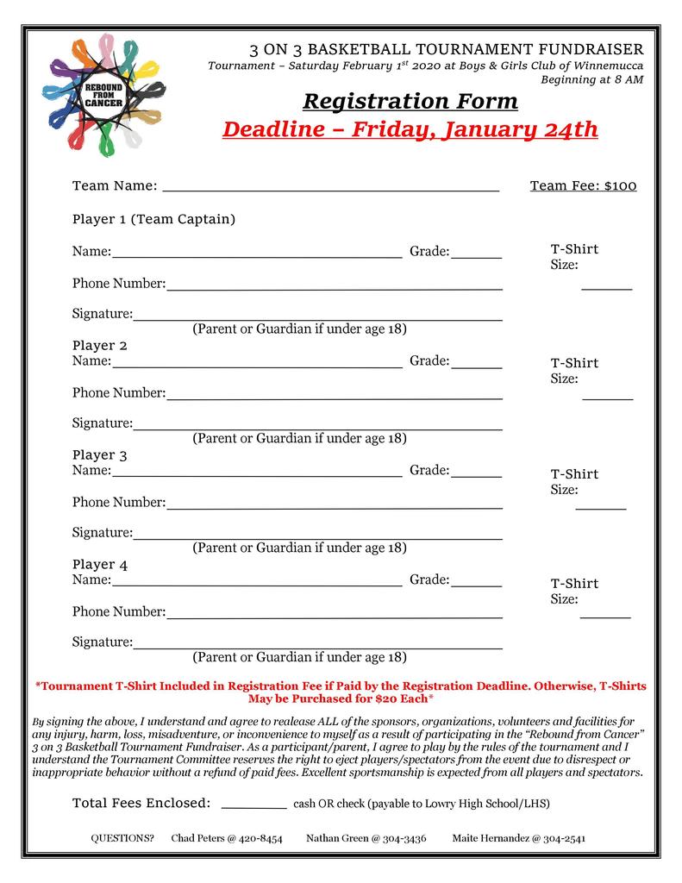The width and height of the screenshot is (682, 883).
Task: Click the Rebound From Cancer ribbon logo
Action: point(103,95)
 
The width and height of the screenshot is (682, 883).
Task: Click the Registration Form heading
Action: point(410,102)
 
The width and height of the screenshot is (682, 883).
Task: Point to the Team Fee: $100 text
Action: point(583,185)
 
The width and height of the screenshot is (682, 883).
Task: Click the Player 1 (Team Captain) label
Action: point(153,219)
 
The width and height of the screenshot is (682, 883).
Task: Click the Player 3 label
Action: point(100,454)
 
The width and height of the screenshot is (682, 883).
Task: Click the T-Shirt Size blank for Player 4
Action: point(605,616)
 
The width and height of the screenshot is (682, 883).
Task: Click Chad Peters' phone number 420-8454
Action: point(258,838)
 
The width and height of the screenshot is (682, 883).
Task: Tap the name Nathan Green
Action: point(337,838)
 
